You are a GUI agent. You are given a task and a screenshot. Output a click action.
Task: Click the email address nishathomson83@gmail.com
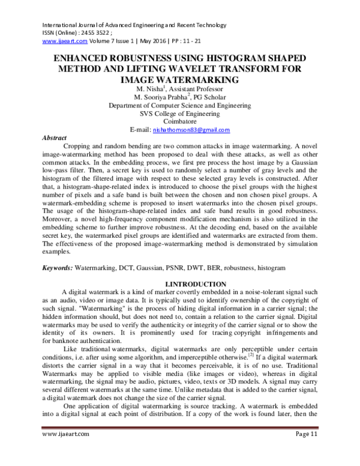click(x=191, y=130)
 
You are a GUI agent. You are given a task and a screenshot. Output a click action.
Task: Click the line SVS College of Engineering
click(x=179, y=113)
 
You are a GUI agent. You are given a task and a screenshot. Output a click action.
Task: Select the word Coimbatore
click(x=179, y=121)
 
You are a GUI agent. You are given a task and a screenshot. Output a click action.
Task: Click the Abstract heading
click(x=54, y=138)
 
